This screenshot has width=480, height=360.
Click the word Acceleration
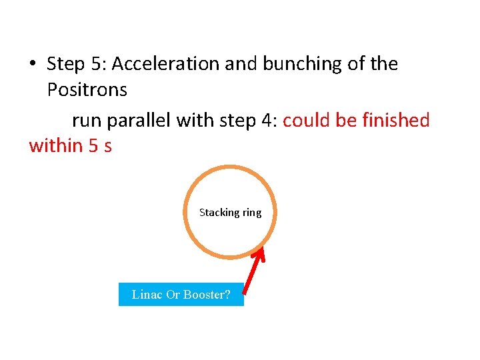click(x=166, y=64)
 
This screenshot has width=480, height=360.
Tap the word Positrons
click(x=88, y=89)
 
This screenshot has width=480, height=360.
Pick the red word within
click(x=56, y=145)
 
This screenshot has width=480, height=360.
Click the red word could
click(x=307, y=120)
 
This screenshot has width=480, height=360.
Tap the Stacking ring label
click(x=230, y=213)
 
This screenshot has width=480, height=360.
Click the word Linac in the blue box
click(x=147, y=295)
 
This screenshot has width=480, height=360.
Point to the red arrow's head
click(x=261, y=252)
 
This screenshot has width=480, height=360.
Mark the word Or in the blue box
click(x=173, y=295)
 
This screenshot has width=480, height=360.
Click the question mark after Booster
click(x=227, y=295)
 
